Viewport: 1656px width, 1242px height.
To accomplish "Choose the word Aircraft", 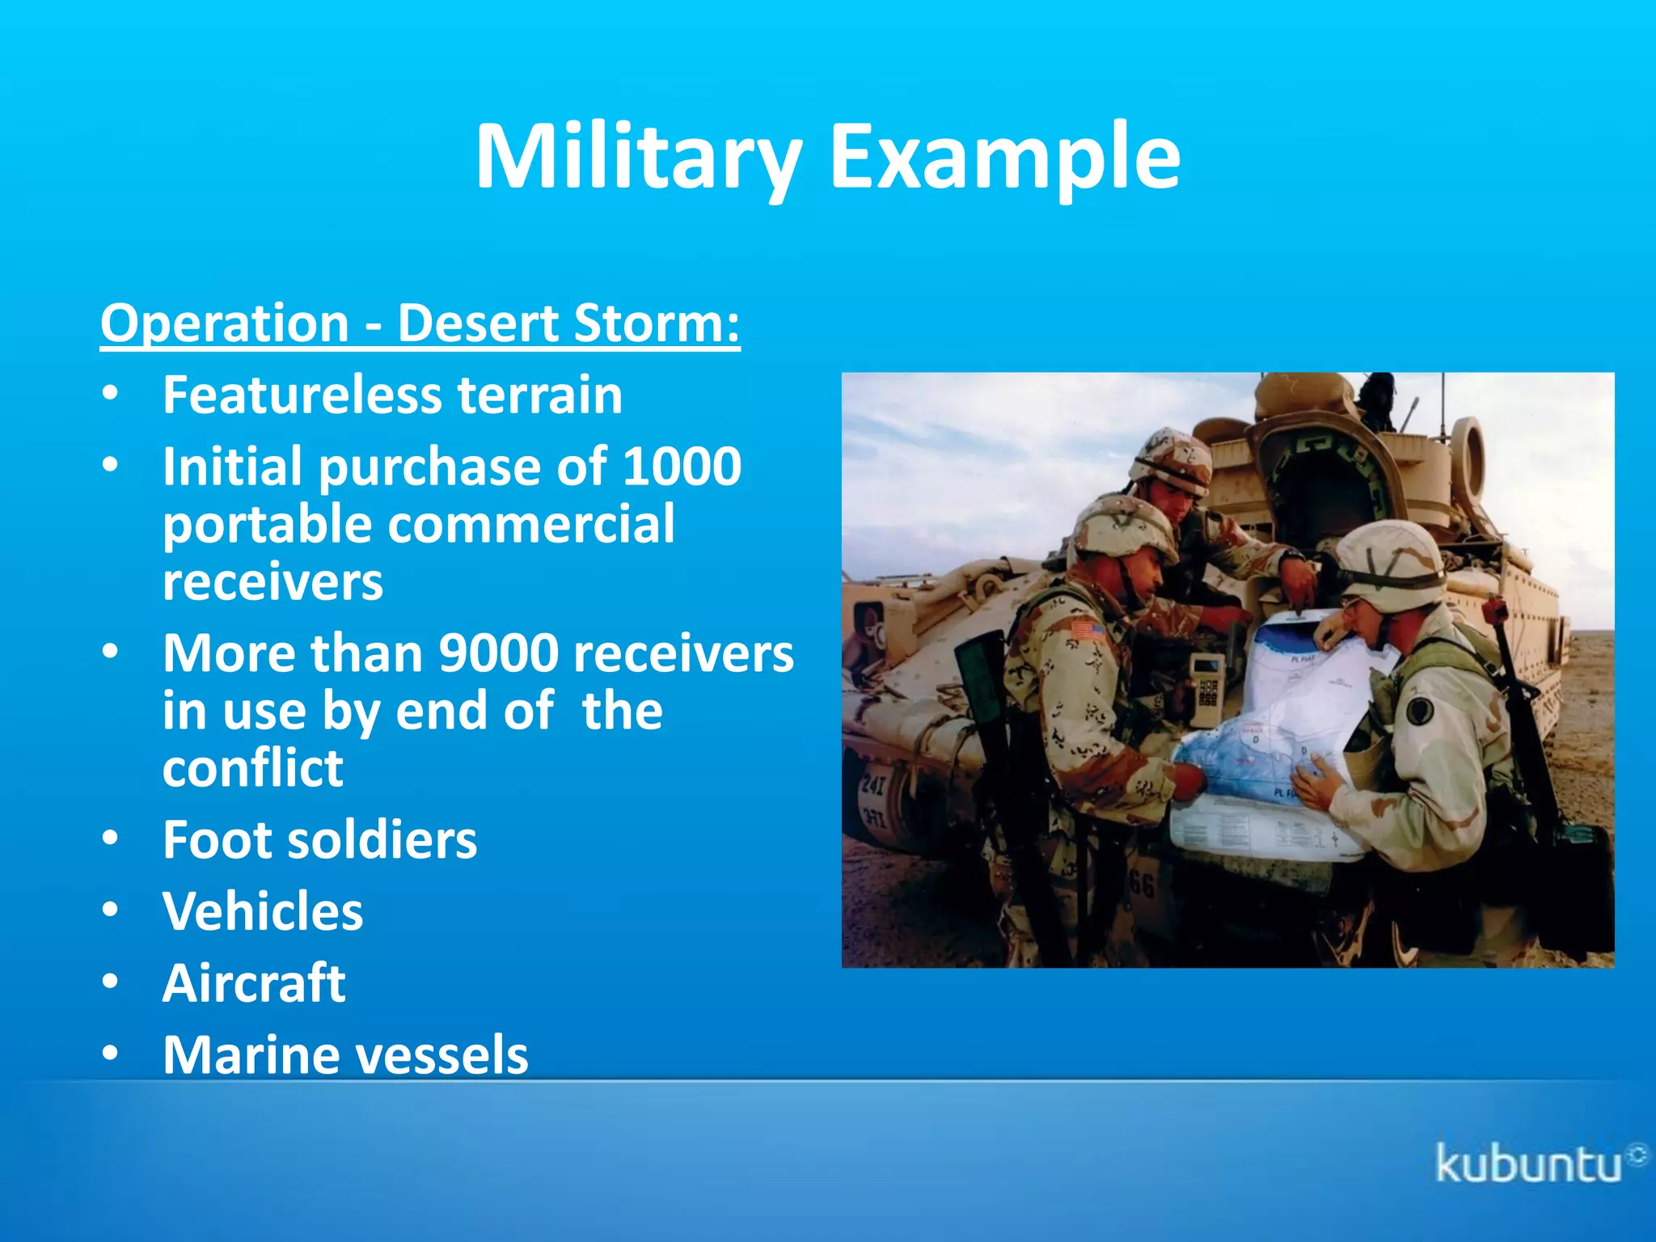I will pos(254,983).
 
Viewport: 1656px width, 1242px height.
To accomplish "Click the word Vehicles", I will pos(263,911).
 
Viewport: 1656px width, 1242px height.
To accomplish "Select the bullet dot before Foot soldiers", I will pos(111,839).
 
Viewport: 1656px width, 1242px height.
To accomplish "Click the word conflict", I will pos(253,768).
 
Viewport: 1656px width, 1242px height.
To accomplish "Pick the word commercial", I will pos(531,524).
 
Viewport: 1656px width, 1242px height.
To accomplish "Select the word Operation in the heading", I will pos(225,323).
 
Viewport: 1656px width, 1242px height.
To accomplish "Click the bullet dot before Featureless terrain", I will pos(111,395).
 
